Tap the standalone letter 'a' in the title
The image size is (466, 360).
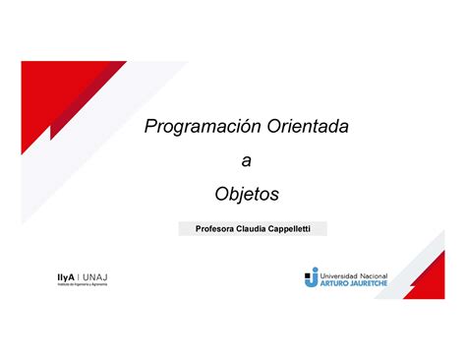[246, 159]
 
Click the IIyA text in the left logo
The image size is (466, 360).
[67, 276]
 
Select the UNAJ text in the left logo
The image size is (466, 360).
[96, 276]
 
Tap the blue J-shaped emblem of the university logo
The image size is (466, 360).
[311, 278]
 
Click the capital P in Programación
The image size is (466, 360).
[150, 127]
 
